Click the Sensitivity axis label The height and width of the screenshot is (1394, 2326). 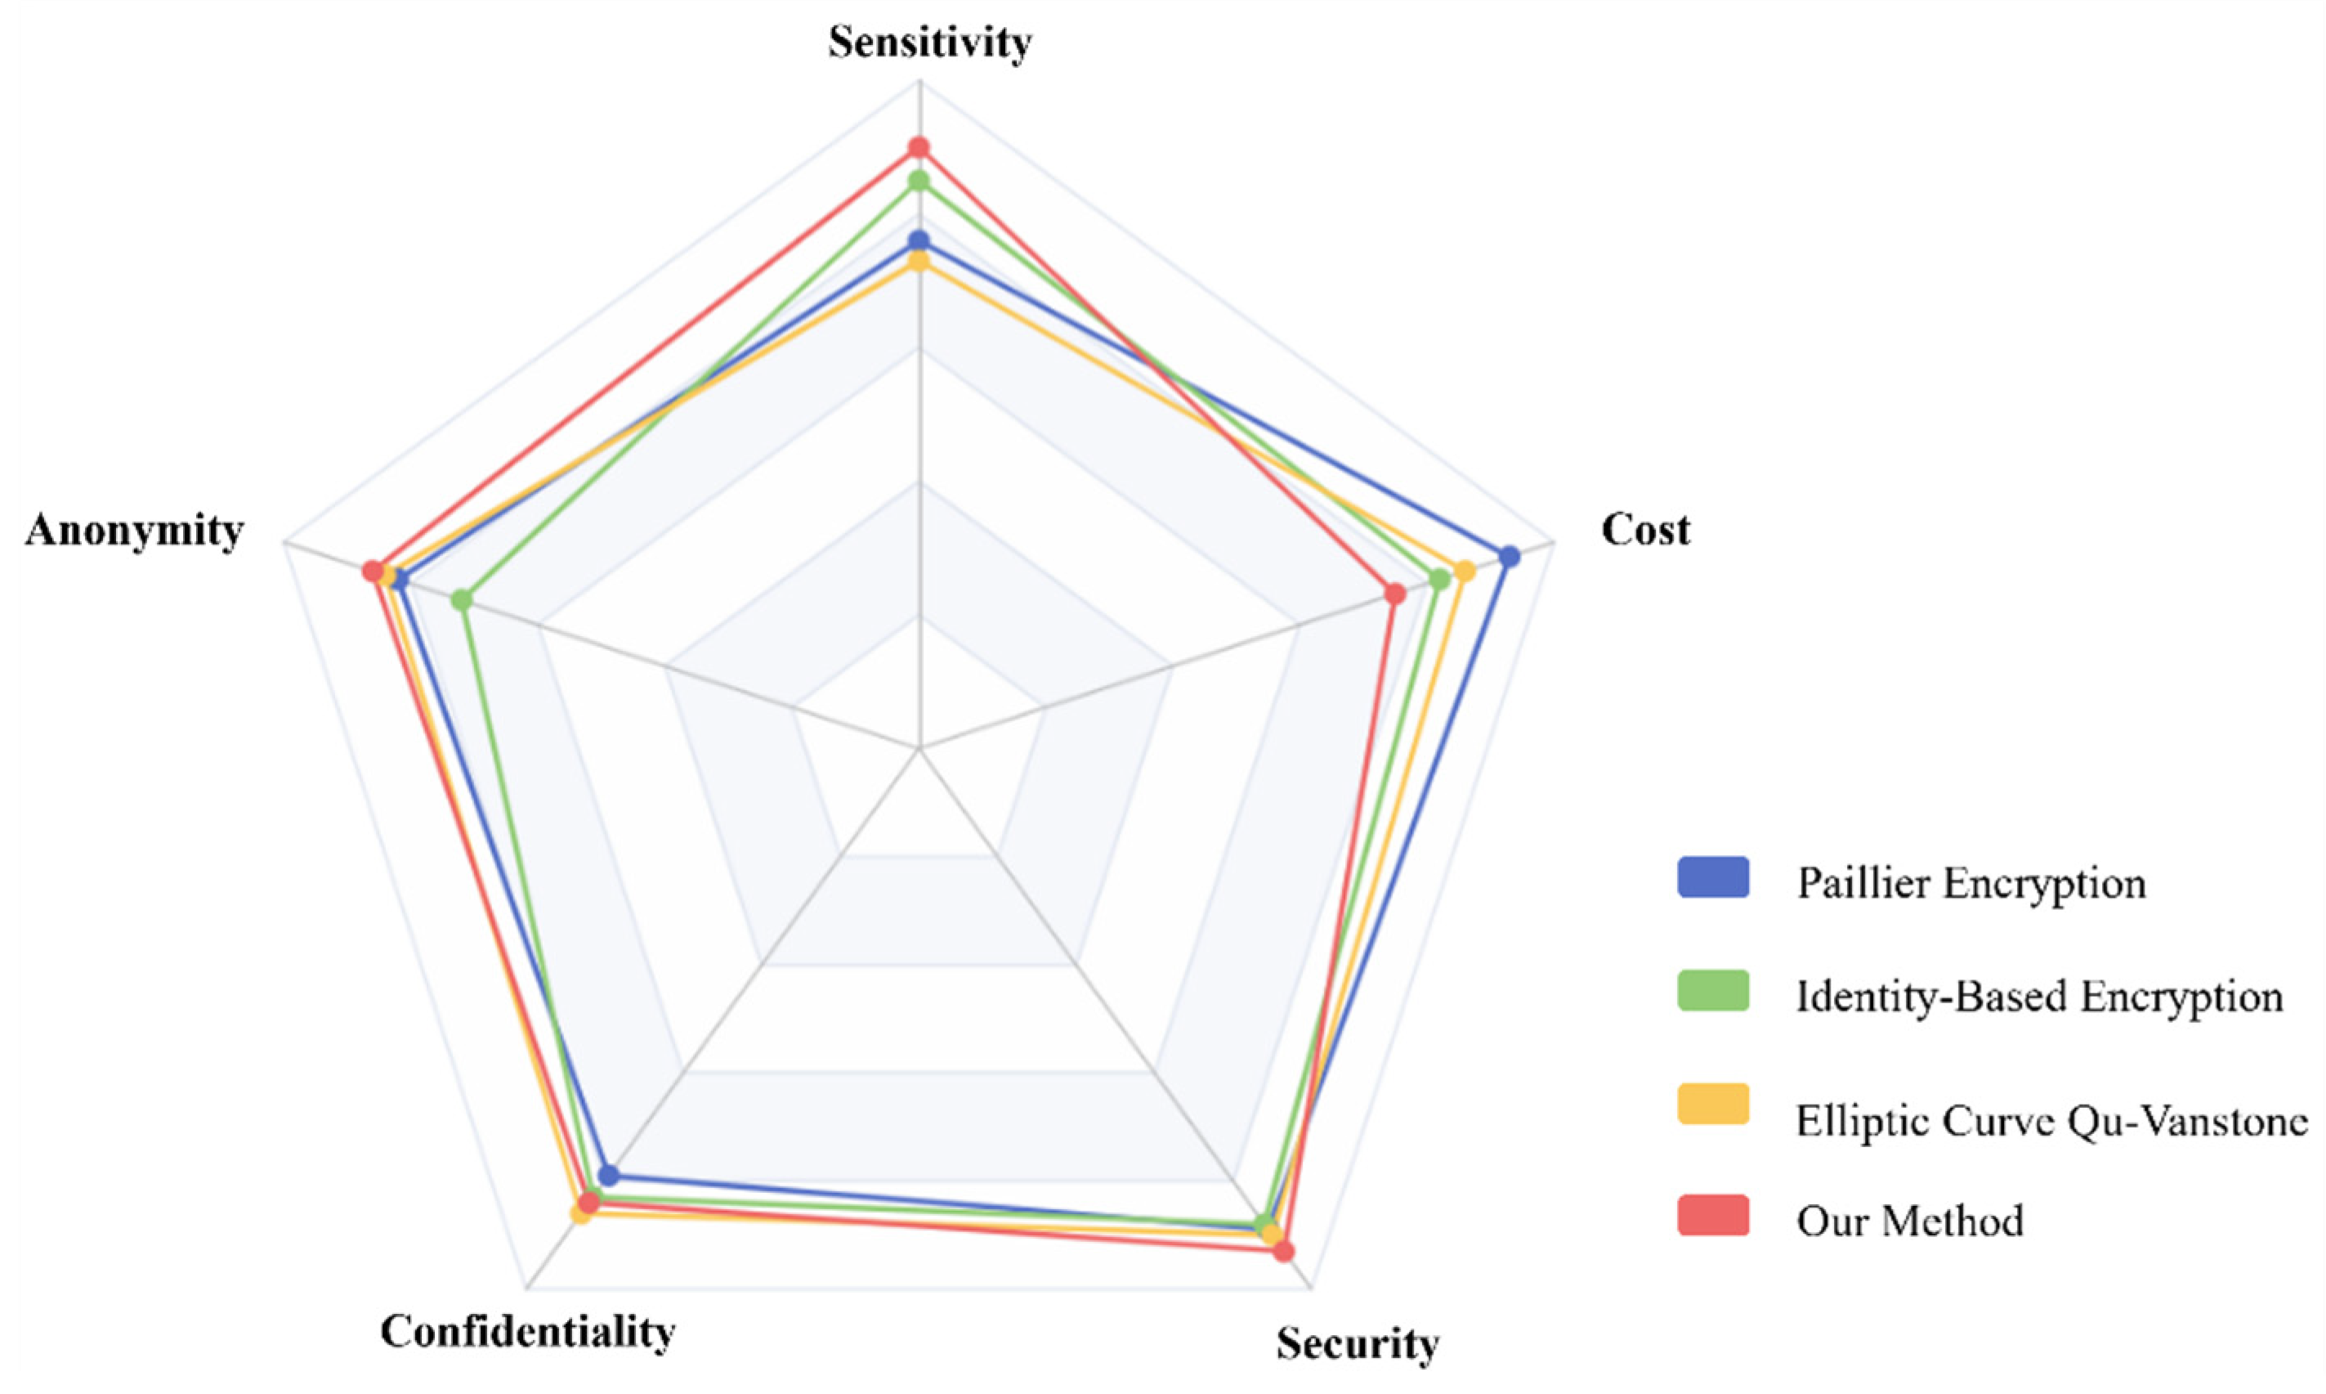coord(928,43)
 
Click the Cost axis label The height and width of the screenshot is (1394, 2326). coord(1644,530)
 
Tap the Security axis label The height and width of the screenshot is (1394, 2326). coord(1357,1343)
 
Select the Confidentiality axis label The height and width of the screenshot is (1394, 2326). coord(527,1331)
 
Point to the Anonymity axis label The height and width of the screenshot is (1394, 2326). coord(134,531)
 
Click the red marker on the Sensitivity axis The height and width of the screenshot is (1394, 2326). coord(919,147)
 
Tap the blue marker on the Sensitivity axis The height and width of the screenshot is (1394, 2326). coord(919,241)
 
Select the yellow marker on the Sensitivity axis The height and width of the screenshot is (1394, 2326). coord(919,261)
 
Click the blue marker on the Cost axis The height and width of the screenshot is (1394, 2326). coord(1509,557)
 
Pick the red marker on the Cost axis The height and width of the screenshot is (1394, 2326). coord(1395,594)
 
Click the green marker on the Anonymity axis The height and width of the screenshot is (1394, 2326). coord(461,599)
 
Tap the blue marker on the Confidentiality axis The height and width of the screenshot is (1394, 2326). coord(609,1174)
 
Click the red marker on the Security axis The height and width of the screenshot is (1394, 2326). coord(1285,1251)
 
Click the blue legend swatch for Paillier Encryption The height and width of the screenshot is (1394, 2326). coord(1713,877)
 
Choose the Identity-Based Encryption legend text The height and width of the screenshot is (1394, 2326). coord(2038,997)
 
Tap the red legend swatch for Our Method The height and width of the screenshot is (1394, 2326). coord(1713,1215)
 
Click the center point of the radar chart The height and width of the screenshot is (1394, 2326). coord(920,749)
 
